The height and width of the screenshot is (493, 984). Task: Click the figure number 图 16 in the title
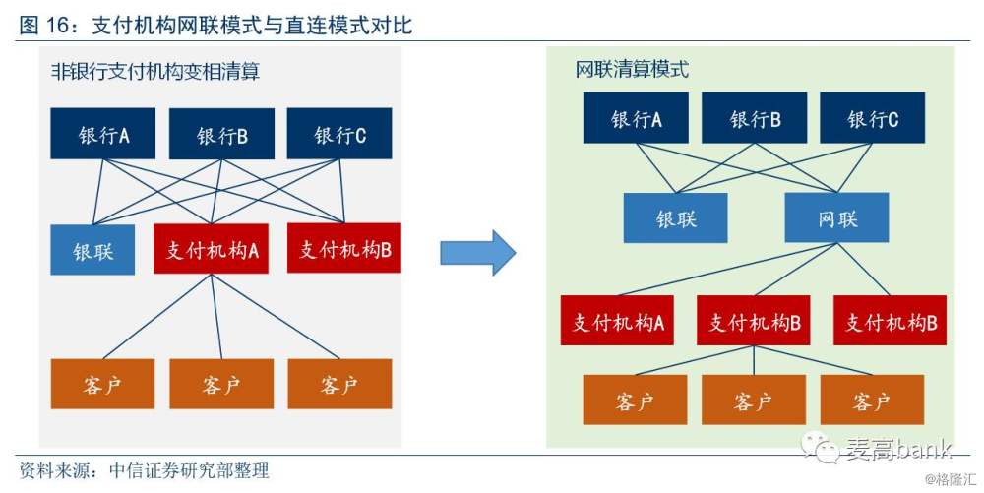(49, 25)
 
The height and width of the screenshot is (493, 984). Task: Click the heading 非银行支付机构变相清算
(155, 72)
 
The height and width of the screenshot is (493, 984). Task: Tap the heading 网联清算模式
(632, 69)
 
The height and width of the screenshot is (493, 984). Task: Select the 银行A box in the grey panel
(103, 134)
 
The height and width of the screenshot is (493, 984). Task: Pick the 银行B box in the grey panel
(221, 134)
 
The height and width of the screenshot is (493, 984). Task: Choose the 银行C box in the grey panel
(339, 134)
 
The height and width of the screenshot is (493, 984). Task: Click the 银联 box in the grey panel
(92, 250)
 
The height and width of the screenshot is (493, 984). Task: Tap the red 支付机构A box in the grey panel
(212, 249)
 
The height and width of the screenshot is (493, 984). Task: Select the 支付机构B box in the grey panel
(344, 248)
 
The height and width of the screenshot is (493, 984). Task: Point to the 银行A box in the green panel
(636, 118)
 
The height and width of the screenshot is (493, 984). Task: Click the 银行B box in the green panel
(755, 118)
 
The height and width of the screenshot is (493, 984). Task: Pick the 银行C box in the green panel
(872, 118)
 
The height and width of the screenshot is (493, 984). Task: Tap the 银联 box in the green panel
(676, 217)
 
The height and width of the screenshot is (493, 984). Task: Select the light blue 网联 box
(837, 217)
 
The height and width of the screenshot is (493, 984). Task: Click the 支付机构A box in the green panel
(618, 321)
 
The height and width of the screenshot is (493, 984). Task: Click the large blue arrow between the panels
(478, 253)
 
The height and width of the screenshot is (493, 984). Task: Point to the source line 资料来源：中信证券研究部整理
(145, 471)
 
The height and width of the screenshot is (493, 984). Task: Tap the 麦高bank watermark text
(898, 448)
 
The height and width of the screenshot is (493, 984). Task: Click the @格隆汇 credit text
(951, 480)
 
